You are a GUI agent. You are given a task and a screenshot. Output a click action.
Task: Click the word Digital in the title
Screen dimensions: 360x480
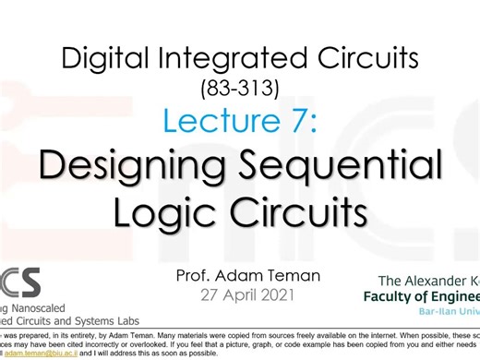[104, 62]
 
